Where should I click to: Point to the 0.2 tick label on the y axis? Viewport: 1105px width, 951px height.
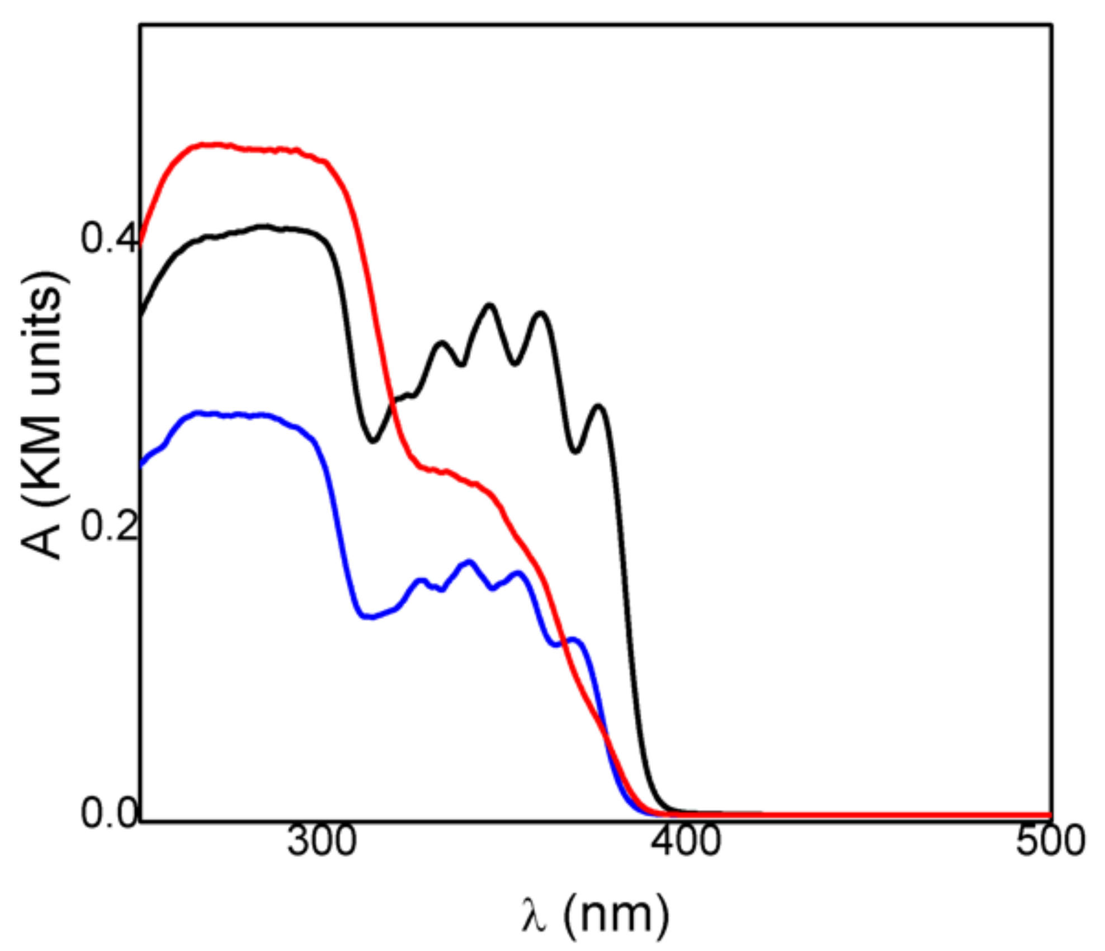point(108,526)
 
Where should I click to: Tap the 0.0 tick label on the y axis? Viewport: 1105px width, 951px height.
point(108,813)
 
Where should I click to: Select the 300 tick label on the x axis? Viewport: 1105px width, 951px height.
point(322,841)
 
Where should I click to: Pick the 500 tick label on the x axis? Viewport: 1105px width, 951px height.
point(1050,841)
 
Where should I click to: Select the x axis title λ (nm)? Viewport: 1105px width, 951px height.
point(594,913)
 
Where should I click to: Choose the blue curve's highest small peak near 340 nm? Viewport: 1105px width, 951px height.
point(469,561)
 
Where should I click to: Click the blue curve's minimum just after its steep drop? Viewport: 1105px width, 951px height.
point(369,617)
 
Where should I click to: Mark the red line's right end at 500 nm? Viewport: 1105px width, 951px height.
point(1050,815)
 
